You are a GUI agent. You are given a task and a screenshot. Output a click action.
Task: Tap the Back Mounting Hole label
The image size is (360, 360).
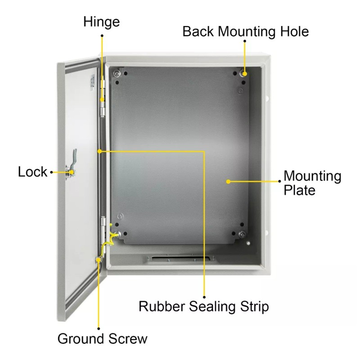pyautogui.click(x=246, y=31)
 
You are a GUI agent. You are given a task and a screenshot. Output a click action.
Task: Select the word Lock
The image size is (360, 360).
pyautogui.click(x=32, y=172)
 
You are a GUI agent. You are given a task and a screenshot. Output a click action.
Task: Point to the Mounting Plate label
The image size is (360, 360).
pyautogui.click(x=312, y=183)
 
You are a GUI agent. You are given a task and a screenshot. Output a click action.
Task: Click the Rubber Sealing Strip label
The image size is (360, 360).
pyautogui.click(x=204, y=307)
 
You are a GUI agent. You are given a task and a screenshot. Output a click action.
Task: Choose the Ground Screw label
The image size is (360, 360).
pyautogui.click(x=103, y=339)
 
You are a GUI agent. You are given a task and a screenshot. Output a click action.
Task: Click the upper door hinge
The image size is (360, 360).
pyautogui.click(x=103, y=99)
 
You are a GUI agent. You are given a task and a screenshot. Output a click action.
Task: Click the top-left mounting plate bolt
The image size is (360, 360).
pyautogui.click(x=117, y=74)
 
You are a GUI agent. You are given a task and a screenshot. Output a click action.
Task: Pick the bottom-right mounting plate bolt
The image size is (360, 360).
pyautogui.click(x=242, y=234)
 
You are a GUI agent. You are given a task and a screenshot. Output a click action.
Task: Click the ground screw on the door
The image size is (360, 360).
pyautogui.click(x=99, y=260)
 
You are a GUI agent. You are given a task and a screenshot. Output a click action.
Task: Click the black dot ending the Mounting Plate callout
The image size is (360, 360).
pyautogui.click(x=279, y=181)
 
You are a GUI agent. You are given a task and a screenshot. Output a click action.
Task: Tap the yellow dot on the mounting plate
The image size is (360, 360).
pyautogui.click(x=228, y=182)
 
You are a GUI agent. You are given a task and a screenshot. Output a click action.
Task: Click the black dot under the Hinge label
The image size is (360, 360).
pyautogui.click(x=102, y=36)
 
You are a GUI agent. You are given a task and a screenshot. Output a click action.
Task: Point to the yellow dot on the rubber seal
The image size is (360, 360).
pyautogui.click(x=99, y=151)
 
